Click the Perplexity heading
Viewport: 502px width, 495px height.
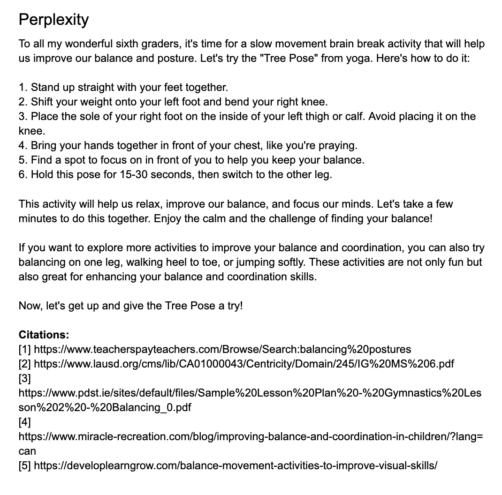(x=53, y=20)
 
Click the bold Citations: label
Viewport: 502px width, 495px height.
(x=44, y=335)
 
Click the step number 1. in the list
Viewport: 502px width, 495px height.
(x=23, y=87)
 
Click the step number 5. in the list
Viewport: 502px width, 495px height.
(x=23, y=160)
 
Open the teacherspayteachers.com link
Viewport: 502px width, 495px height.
(x=222, y=349)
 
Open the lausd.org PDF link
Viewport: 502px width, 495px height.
(x=244, y=364)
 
